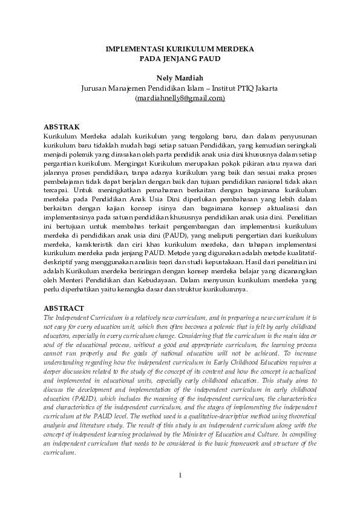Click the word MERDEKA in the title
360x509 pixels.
tap(232, 48)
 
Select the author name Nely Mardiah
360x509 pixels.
tap(180, 78)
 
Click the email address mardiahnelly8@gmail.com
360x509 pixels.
tap(180, 97)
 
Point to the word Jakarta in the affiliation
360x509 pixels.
tap(264, 88)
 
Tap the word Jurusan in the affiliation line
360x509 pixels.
tap(96, 88)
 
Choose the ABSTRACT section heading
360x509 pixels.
tap(64, 308)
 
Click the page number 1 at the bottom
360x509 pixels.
tap(180, 474)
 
